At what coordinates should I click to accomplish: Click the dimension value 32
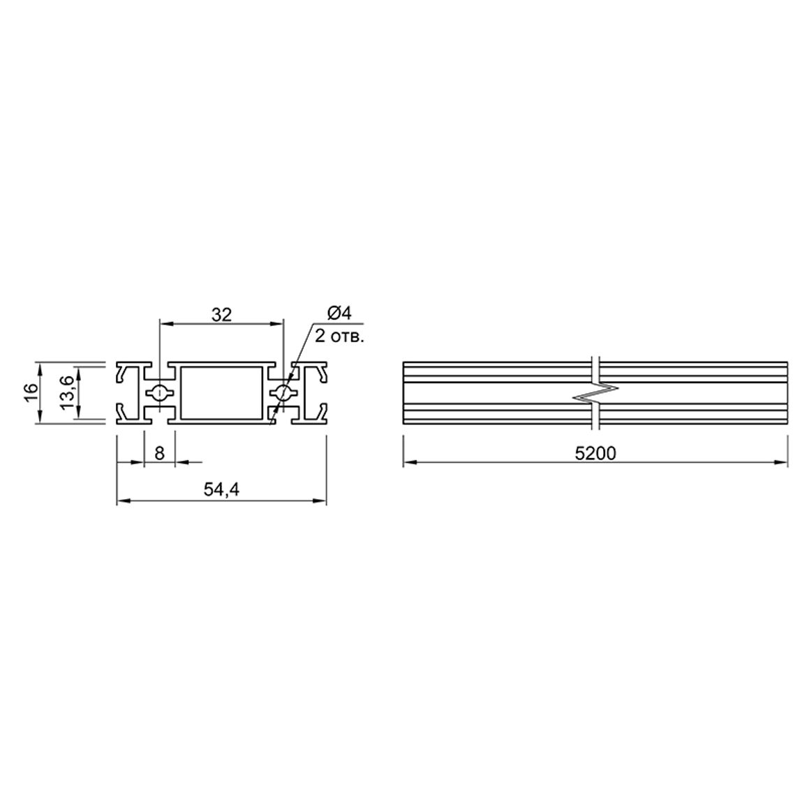[222, 314]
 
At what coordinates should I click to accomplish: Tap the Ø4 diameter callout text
[339, 313]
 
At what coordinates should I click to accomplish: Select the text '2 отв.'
[339, 336]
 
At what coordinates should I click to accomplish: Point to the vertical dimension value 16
[31, 393]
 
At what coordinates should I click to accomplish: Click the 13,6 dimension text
[68, 393]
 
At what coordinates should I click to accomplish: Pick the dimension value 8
[160, 454]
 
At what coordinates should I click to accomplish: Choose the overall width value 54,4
[221, 489]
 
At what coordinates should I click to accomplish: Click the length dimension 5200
[595, 454]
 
